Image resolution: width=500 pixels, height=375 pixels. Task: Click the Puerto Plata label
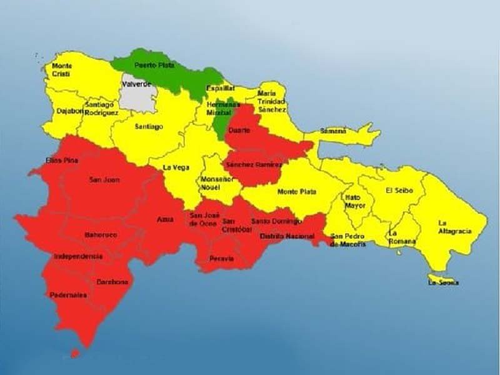154,65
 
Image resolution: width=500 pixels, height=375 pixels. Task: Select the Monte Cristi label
61,69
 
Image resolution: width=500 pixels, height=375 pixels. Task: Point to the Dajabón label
69,111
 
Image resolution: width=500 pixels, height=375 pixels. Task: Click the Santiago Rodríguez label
101,109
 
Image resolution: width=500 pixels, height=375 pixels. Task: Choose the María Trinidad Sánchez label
272,102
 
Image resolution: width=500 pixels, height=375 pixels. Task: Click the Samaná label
332,131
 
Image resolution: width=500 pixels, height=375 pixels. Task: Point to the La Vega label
176,167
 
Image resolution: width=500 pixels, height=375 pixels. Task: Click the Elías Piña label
62,161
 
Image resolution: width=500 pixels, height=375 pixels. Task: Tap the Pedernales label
69,295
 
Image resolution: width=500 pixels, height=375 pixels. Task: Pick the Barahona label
112,282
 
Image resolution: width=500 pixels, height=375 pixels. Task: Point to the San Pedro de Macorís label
348,240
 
